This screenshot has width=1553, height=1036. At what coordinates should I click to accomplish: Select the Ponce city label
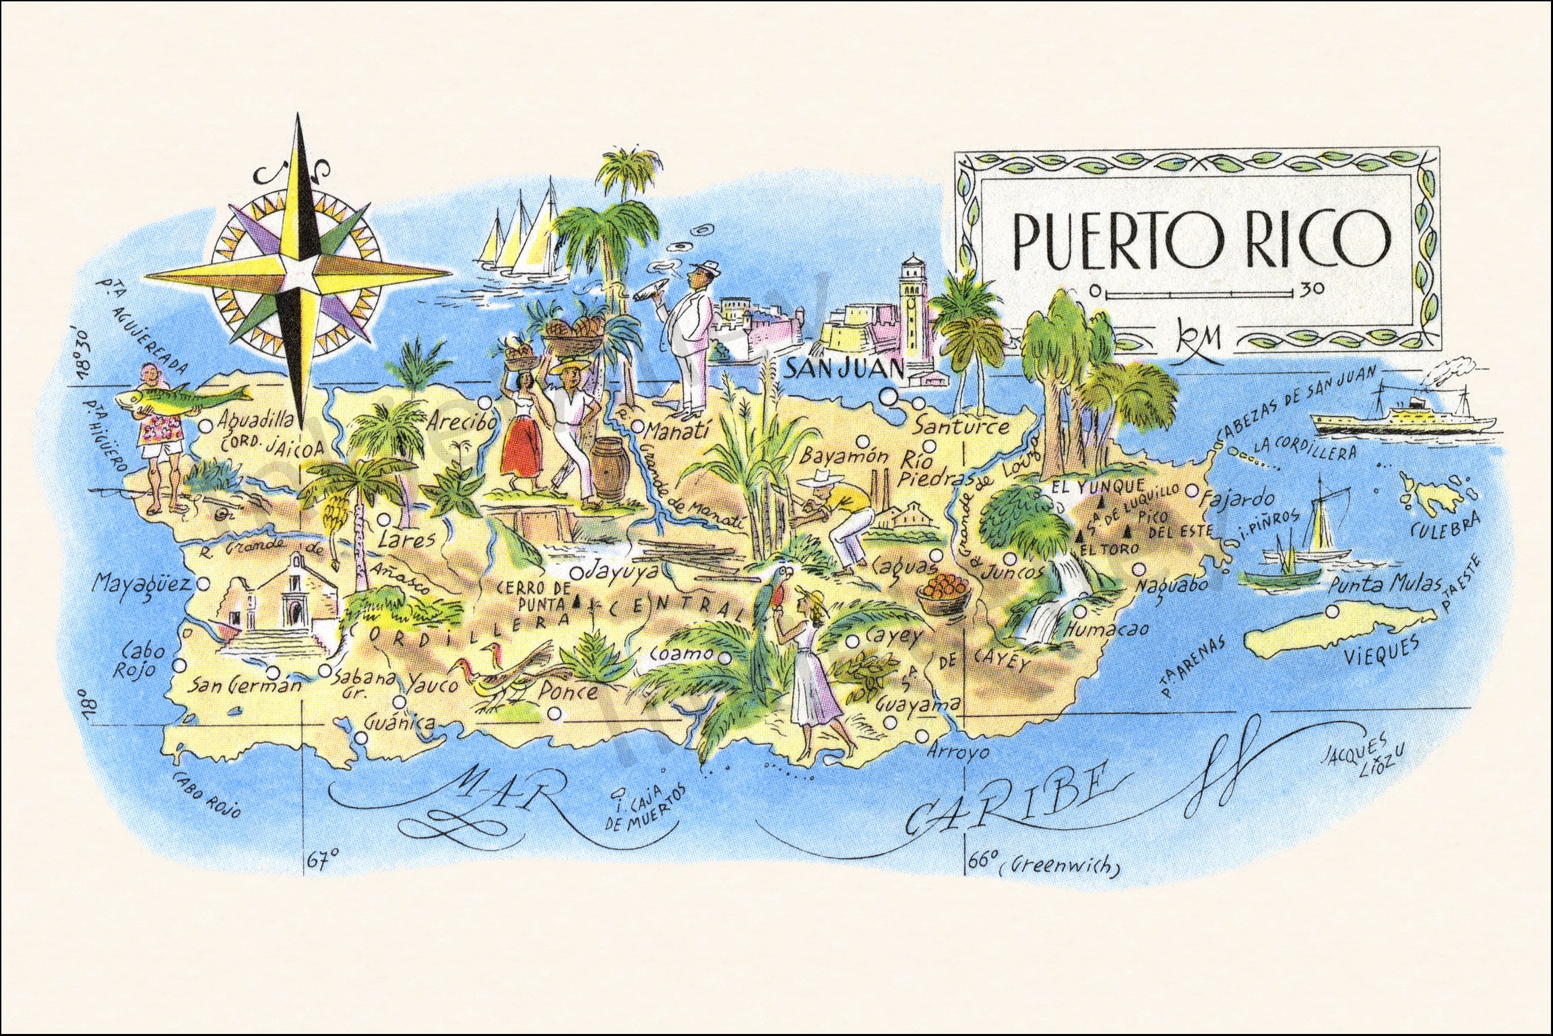tap(567, 691)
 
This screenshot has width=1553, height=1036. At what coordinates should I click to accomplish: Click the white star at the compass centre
tap(298, 273)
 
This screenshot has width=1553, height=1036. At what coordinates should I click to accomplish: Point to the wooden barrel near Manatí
tap(610, 468)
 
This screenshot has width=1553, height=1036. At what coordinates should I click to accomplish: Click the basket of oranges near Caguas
tap(943, 594)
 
